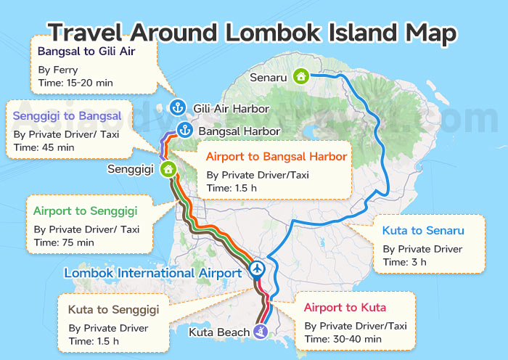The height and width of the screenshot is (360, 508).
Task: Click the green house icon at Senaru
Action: click(301, 76)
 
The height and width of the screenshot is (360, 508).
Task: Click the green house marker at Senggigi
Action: click(168, 169)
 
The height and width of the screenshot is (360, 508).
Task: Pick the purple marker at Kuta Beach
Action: click(261, 332)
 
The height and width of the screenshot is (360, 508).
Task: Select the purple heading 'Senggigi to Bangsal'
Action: click(67, 116)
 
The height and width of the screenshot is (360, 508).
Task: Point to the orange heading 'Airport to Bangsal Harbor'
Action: click(276, 157)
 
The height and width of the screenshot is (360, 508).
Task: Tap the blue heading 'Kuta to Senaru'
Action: click(422, 232)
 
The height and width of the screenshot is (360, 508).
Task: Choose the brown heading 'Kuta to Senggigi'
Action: click(113, 310)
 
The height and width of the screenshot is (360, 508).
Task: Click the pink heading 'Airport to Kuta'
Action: click(345, 307)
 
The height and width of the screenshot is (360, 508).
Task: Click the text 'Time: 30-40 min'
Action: click(343, 339)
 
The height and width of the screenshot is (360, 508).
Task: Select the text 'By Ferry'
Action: click(57, 70)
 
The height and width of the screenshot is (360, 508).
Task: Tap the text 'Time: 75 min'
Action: click(64, 242)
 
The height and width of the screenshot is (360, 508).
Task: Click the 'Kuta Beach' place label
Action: click(218, 332)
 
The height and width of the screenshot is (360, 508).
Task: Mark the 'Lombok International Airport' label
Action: click(152, 273)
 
